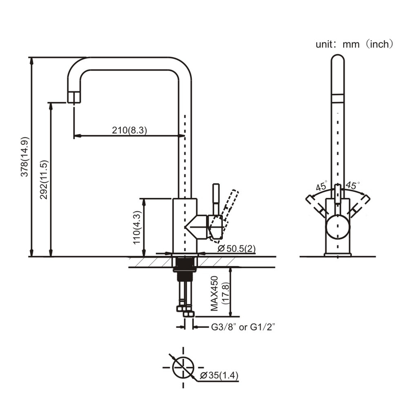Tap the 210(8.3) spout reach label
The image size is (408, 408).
[130, 130]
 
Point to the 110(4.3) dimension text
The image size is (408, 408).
[137, 226]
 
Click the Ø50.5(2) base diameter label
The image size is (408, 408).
[237, 248]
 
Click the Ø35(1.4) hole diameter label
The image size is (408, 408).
[220, 376]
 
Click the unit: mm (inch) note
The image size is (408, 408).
[354, 44]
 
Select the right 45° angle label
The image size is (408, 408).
[352, 185]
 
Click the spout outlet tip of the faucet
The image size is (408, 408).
[74, 97]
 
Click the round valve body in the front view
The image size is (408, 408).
[337, 226]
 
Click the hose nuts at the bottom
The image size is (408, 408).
[184, 309]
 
